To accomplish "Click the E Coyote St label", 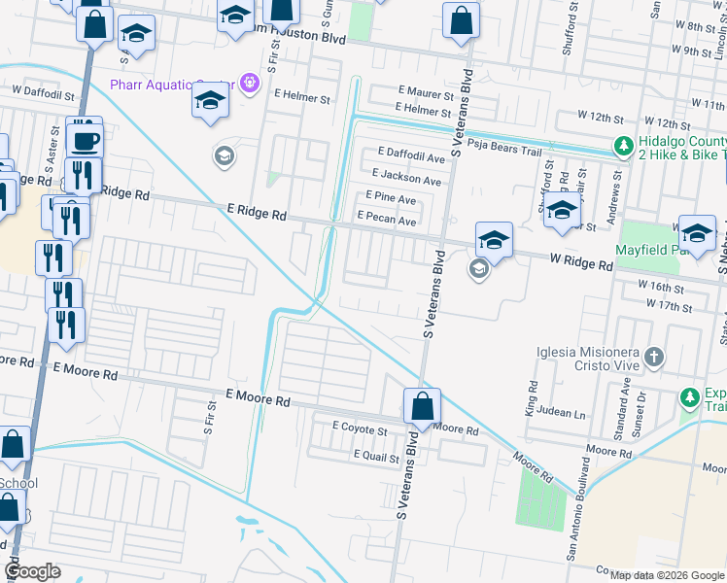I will coord(360,428).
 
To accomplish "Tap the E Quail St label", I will coord(376,455).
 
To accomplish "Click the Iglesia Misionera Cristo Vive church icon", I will coord(654,357).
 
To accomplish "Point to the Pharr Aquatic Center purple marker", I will coord(250,84).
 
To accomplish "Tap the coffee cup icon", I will coord(85,140).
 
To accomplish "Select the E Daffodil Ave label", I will coord(411,156).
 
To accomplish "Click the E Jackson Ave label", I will coord(405,180).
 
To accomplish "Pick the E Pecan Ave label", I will coord(387,221).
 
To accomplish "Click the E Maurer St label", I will coord(426,94).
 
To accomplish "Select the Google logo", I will coord(32,571).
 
